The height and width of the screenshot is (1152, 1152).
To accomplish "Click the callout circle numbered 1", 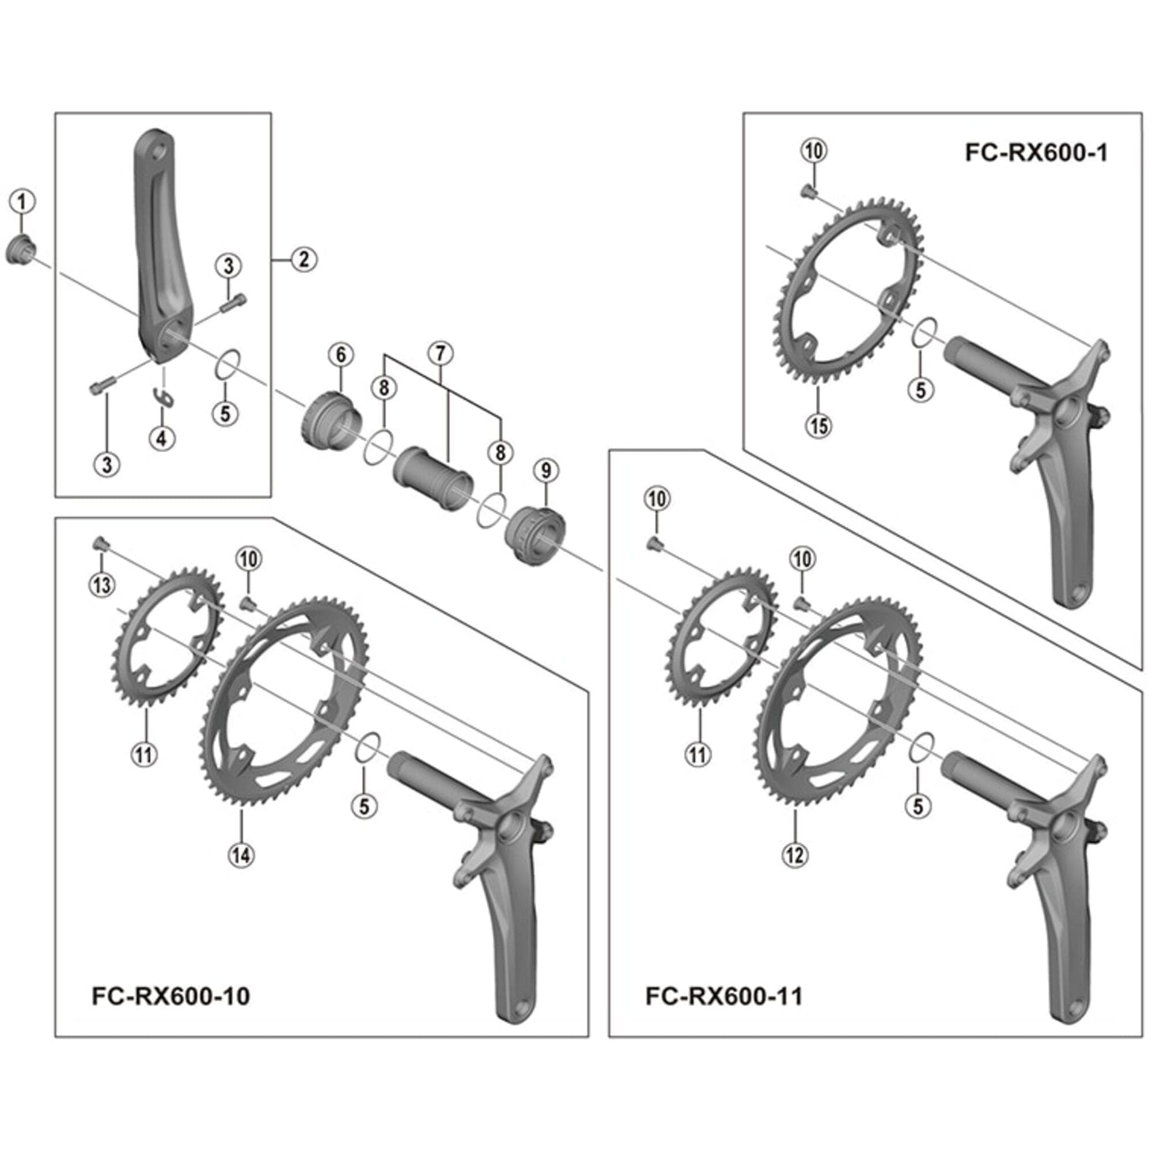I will pyautogui.click(x=22, y=202).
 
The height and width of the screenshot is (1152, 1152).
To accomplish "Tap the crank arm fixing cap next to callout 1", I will pyautogui.click(x=20, y=251).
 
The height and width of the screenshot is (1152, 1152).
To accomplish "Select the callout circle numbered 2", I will pyautogui.click(x=304, y=259).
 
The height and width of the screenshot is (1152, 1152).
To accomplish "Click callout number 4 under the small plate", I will pyautogui.click(x=162, y=438).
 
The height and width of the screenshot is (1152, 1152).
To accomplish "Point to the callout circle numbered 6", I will pyautogui.click(x=340, y=355).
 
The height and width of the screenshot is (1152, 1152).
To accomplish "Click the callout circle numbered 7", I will pyautogui.click(x=440, y=354).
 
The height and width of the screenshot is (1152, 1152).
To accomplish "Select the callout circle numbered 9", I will pyautogui.click(x=546, y=471).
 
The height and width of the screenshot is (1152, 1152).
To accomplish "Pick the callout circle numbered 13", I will pyautogui.click(x=102, y=585).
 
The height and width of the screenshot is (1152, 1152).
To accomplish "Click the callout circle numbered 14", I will pyautogui.click(x=241, y=855).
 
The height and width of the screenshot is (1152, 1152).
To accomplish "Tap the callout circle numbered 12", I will pyautogui.click(x=794, y=855).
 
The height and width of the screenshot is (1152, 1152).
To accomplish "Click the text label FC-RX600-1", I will pyautogui.click(x=1036, y=153).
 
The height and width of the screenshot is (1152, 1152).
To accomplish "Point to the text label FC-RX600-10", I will pyautogui.click(x=171, y=996).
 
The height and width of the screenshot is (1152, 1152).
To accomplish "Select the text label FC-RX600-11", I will pyautogui.click(x=725, y=996).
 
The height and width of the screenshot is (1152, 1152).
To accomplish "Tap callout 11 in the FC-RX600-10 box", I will pyautogui.click(x=143, y=755).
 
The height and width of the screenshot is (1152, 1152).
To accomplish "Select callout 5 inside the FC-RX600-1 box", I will pyautogui.click(x=920, y=390).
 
